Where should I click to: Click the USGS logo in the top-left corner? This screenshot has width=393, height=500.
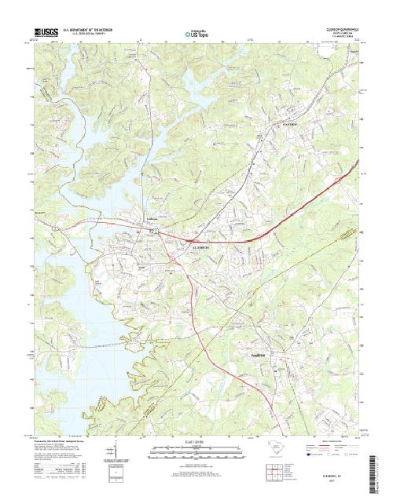(x=40, y=34)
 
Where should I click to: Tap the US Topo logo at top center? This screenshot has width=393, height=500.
(x=196, y=35)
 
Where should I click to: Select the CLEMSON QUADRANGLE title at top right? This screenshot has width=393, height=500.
(x=337, y=31)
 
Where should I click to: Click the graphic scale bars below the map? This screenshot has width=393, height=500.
(x=196, y=451)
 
